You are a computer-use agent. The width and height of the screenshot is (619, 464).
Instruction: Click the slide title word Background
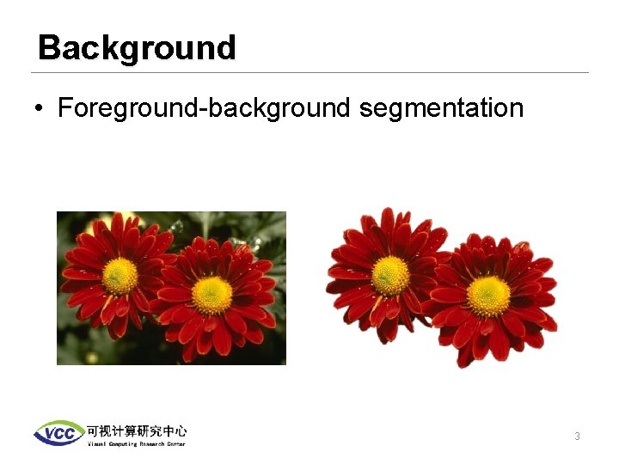[137, 47]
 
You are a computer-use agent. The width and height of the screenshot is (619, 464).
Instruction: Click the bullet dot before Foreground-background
[40, 109]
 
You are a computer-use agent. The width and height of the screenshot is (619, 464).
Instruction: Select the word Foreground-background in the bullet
[204, 108]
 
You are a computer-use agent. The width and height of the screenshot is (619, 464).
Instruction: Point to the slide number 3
[577, 437]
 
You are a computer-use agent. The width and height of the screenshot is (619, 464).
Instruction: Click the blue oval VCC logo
[58, 433]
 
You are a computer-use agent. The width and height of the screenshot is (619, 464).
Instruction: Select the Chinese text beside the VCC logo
[136, 430]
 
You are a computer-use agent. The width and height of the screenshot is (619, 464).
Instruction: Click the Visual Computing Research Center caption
[136, 443]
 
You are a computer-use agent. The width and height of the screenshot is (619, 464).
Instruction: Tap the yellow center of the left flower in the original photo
[120, 275]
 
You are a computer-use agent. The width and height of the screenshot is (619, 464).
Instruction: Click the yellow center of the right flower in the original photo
[211, 294]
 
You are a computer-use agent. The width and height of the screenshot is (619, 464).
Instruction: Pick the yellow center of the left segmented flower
[390, 275]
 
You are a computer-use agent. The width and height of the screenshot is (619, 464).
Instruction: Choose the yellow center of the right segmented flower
[488, 296]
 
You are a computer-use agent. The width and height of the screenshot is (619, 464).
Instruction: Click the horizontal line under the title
[309, 72]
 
